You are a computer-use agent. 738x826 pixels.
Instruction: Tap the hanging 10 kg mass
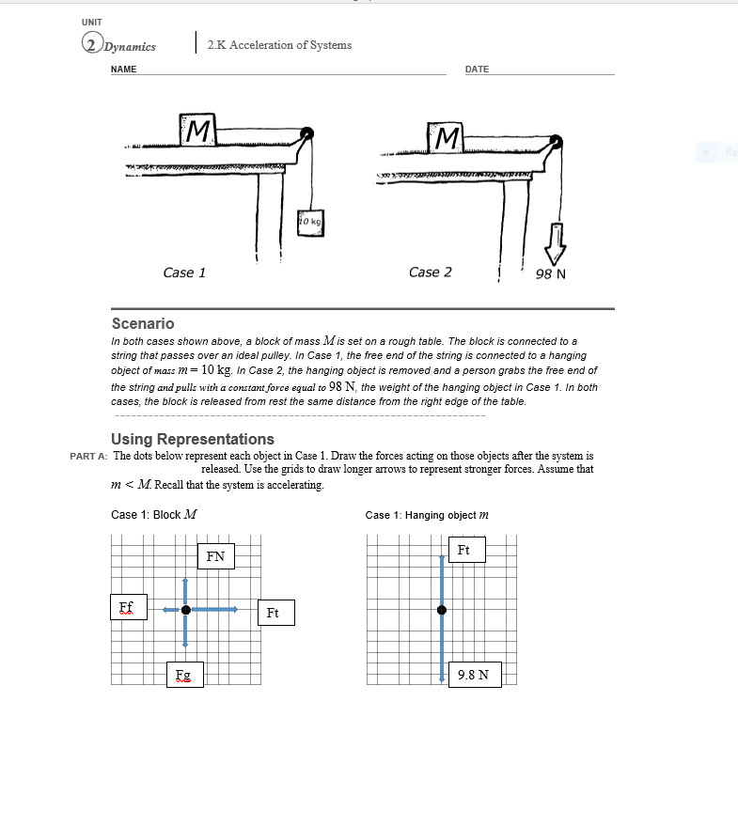[309, 224]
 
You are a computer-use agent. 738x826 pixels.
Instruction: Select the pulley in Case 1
[306, 135]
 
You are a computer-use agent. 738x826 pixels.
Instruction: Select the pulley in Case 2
[556, 143]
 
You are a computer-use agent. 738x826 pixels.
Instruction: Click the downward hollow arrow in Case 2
[556, 241]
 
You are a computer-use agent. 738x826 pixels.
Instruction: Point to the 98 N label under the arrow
[550, 274]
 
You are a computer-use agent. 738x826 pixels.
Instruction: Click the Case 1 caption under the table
[184, 273]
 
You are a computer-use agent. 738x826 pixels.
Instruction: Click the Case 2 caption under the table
[430, 273]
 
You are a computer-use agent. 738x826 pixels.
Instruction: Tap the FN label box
[215, 556]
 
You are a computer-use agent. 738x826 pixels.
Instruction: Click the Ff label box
[126, 606]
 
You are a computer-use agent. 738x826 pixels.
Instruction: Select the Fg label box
[183, 675]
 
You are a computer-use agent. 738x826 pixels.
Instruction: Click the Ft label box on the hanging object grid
[465, 550]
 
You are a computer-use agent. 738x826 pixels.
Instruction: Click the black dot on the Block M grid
[186, 610]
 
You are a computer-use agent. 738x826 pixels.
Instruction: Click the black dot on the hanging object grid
[442, 610]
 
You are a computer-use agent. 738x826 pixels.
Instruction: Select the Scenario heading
[143, 323]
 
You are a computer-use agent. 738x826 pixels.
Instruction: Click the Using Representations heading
[193, 439]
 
